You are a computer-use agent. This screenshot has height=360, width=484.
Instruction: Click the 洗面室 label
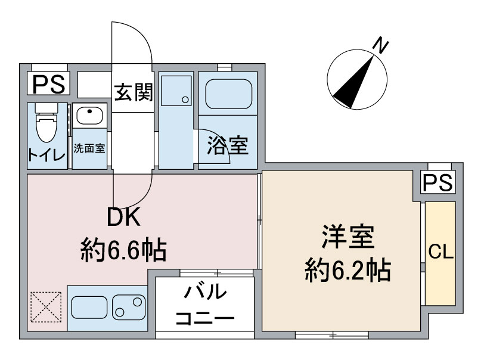pyautogui.click(x=89, y=148)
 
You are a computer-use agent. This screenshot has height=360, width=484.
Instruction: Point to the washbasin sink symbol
pyautogui.click(x=89, y=114)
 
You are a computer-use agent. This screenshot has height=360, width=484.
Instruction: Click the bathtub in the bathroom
pyautogui.click(x=228, y=94)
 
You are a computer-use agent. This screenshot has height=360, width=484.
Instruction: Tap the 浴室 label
pyautogui.click(x=227, y=145)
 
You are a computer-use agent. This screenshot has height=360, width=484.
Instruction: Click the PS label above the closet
pyautogui.click(x=438, y=182)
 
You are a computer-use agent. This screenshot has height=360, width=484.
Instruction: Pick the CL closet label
pyautogui.click(x=441, y=252)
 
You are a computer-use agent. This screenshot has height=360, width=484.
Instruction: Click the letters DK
pyautogui.click(x=123, y=219)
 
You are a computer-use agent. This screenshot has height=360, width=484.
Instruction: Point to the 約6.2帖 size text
pyautogui.click(x=348, y=272)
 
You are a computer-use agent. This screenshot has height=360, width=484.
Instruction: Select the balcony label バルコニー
pyautogui.click(x=204, y=305)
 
